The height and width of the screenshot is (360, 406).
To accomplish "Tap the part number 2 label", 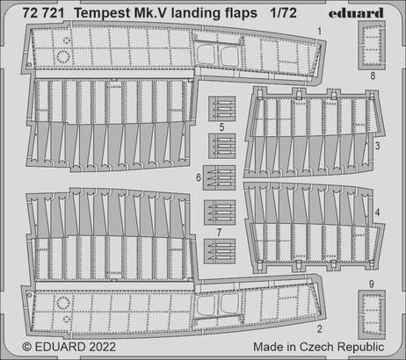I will (x=318, y=330).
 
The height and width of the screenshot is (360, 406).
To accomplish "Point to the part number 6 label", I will (x=199, y=176).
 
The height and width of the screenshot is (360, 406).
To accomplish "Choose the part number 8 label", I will (x=372, y=76).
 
